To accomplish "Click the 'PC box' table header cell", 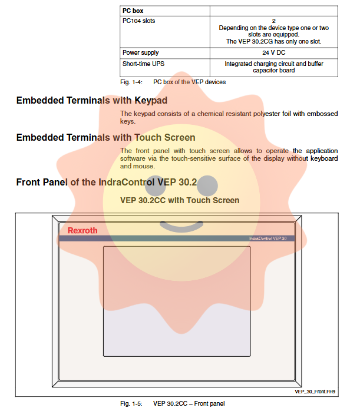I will click(x=133, y=11).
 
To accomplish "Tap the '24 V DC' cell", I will click(x=274, y=52).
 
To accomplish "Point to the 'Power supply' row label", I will click(x=140, y=52).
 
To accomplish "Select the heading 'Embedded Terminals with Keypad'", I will click(x=91, y=101).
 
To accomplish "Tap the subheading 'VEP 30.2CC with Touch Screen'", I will click(x=180, y=200).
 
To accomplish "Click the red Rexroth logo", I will click(x=82, y=231).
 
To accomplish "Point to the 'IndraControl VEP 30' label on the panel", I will click(x=268, y=238).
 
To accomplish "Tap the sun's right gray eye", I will click(x=207, y=186).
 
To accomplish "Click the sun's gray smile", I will click(x=181, y=226).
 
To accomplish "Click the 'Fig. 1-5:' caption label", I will click(x=131, y=403).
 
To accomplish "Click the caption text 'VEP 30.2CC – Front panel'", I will click(x=189, y=403).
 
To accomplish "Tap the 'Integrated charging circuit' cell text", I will click(x=274, y=64).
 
